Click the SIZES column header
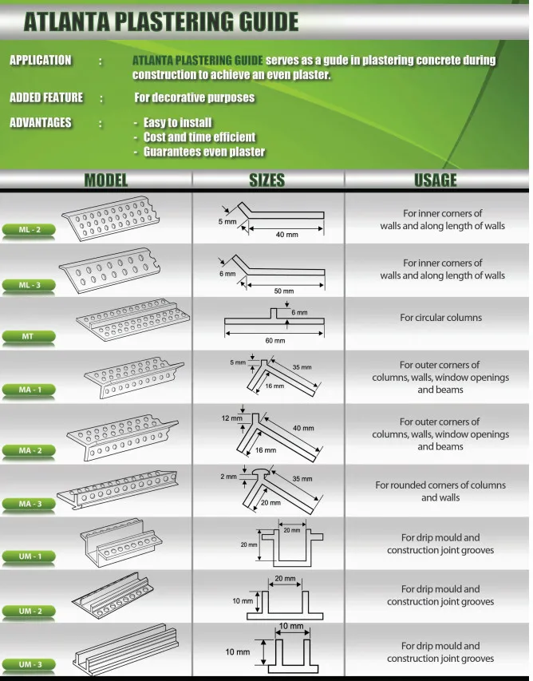pyautogui.click(x=266, y=180)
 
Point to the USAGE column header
pyautogui.click(x=436, y=180)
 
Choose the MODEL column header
pyautogui.click(x=106, y=180)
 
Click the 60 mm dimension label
pyautogui.click(x=274, y=340)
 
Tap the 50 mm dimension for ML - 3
pyautogui.click(x=283, y=291)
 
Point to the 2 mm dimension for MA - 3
pyautogui.click(x=229, y=477)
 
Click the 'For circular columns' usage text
pyautogui.click(x=440, y=318)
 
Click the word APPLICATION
pyautogui.click(x=40, y=61)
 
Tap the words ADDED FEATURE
pyautogui.click(x=45, y=97)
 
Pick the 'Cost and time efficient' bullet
pyautogui.click(x=199, y=137)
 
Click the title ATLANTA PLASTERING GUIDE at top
pyautogui.click(x=161, y=22)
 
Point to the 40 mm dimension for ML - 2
pyautogui.click(x=286, y=235)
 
